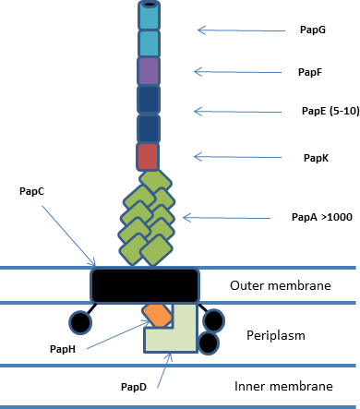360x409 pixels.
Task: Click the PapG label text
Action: point(313,30)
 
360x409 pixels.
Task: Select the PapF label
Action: point(310,72)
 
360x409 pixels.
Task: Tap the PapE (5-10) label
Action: point(330,111)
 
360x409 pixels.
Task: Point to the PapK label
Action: point(316,158)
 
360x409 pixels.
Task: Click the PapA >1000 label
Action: point(322,217)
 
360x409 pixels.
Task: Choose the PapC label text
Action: point(31,191)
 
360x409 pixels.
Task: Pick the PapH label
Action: point(63,349)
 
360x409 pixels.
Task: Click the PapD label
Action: point(134,387)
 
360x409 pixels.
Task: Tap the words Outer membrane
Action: point(281,285)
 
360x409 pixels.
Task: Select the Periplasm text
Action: point(276,335)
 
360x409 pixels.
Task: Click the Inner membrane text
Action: point(283,386)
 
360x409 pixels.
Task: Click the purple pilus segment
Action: point(149,71)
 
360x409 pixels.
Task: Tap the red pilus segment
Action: point(148,157)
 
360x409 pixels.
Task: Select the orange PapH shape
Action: point(157,315)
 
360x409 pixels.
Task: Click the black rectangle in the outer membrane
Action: point(145,285)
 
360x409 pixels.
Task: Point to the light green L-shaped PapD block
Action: point(185,340)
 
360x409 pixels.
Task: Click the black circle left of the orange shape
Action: point(80,322)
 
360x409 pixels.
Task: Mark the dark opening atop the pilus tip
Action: point(150,5)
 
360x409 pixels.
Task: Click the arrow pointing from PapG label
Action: point(241,30)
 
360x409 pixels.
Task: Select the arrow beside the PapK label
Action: point(237,157)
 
